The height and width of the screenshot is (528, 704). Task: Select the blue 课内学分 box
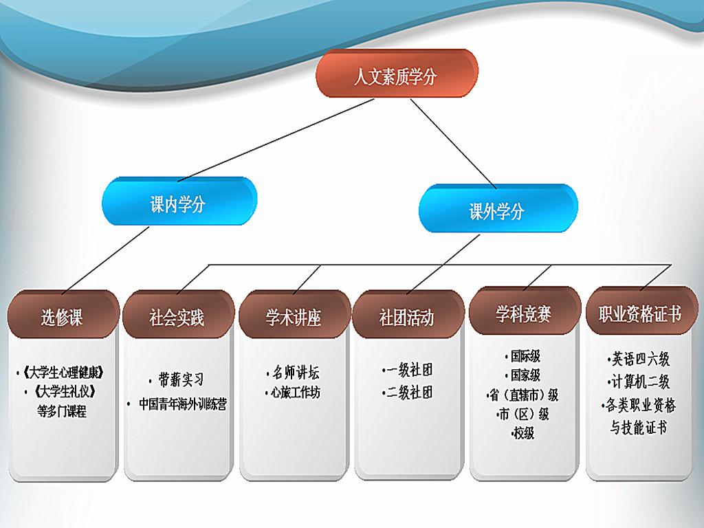point(179,201)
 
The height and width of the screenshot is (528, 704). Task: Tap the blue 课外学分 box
point(498,208)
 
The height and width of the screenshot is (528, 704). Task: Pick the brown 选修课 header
point(63,314)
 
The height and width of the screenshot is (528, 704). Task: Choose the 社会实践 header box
point(178,314)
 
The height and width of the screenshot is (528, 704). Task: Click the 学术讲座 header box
point(294,314)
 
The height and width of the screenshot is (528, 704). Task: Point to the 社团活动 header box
point(408,314)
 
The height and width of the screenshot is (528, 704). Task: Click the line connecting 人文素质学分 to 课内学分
point(276,140)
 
